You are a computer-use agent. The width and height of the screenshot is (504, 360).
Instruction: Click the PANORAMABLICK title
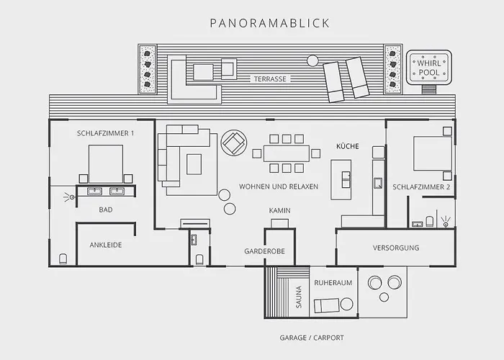pyautogui.click(x=270, y=23)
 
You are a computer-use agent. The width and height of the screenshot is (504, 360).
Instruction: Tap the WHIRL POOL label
pyautogui.click(x=429, y=68)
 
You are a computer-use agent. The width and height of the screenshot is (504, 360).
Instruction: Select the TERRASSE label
pyautogui.click(x=270, y=78)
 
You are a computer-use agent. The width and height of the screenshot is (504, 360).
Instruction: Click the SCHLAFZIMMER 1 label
pyautogui.click(x=105, y=133)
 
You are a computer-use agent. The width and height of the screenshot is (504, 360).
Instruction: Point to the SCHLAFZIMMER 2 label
pyautogui.click(x=421, y=186)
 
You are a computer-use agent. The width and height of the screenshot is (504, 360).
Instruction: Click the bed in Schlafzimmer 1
pyautogui.click(x=106, y=164)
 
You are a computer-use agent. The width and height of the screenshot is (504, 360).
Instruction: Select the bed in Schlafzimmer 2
pyautogui.click(x=433, y=153)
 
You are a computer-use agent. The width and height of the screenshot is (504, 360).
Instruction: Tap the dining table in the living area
pyautogui.click(x=287, y=153)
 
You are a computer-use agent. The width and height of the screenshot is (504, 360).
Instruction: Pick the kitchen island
pyautogui.click(x=341, y=180)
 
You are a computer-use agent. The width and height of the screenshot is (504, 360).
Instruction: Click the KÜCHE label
pyautogui.click(x=348, y=146)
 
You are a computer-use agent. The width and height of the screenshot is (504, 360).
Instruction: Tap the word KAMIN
pyautogui.click(x=279, y=210)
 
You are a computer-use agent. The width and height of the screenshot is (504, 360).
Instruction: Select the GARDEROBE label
pyautogui.click(x=264, y=251)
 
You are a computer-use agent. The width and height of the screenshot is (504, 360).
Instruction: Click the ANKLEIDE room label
pyautogui.click(x=106, y=245)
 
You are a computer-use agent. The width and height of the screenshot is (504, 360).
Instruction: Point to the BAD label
pyautogui.click(x=106, y=210)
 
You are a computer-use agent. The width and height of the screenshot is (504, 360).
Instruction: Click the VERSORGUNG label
pyautogui.click(x=396, y=248)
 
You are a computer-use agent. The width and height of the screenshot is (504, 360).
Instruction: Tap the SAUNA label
pyautogui.click(x=299, y=297)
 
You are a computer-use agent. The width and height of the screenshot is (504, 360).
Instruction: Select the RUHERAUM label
pyautogui.click(x=333, y=283)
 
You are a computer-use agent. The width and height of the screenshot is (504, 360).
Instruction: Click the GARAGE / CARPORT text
pyautogui.click(x=312, y=338)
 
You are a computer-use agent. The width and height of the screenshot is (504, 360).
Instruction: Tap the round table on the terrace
pyautogui.click(x=312, y=60)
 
